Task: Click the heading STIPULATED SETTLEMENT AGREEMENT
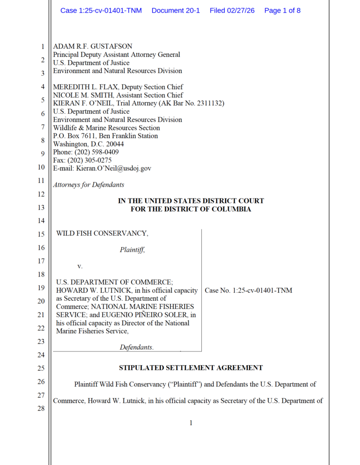coord(191,368)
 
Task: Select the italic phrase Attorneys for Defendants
coord(89,185)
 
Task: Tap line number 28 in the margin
coord(40,408)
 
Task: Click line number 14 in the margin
coord(40,221)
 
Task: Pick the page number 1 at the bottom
coord(191,423)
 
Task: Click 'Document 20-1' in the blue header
coord(175,10)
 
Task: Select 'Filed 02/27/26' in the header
coord(232,10)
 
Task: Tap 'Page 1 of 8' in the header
coord(282,10)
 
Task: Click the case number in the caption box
coord(249,290)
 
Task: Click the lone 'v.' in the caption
coord(80,266)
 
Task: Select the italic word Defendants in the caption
coord(136,347)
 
